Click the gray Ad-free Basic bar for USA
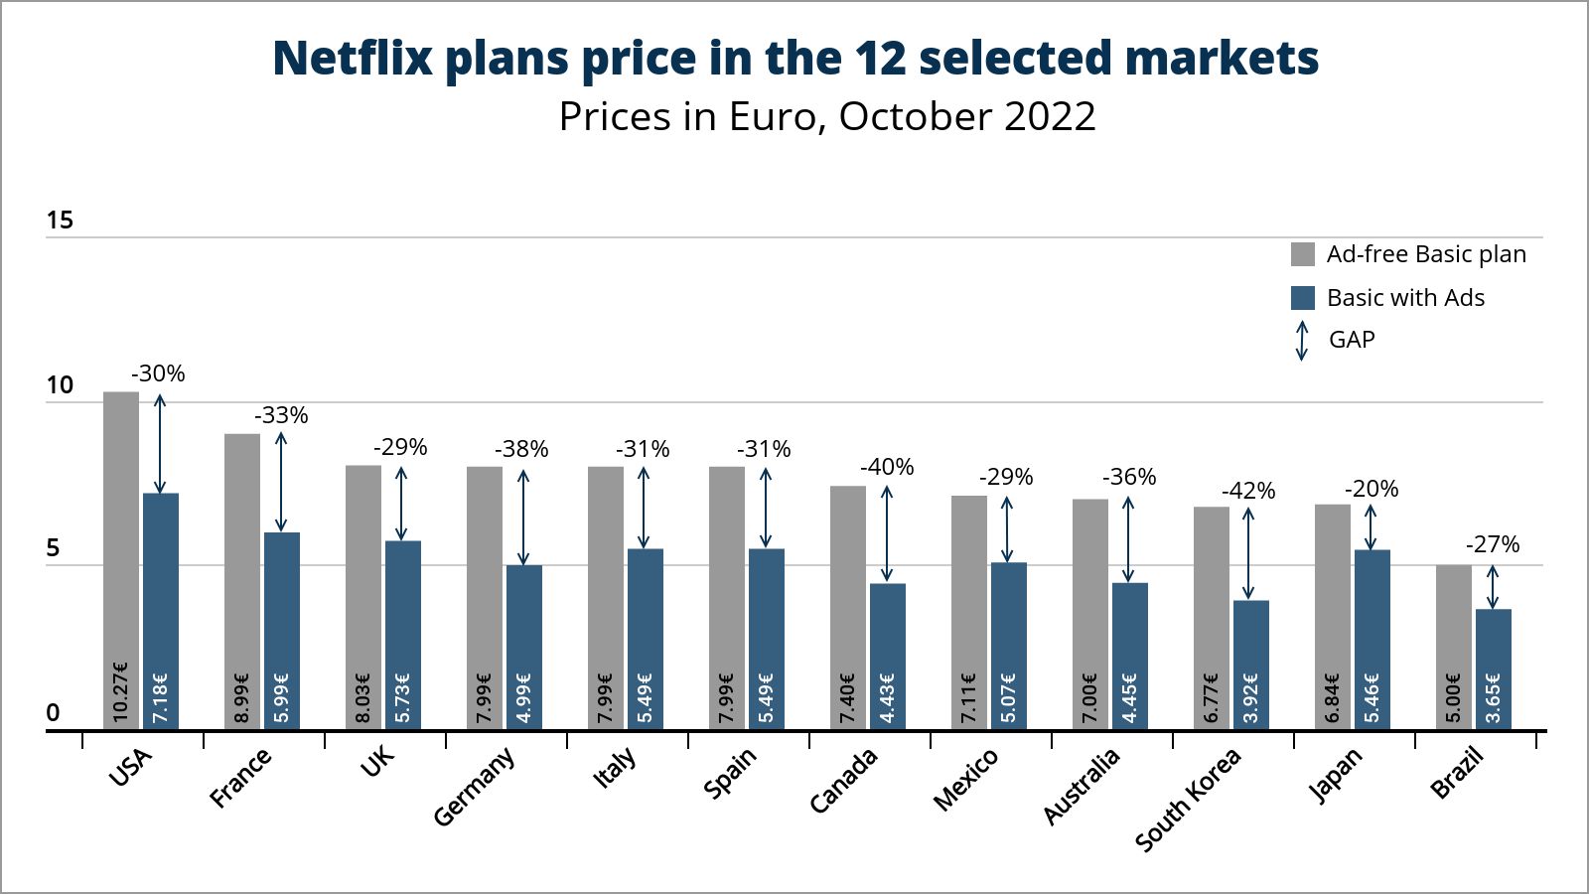121,526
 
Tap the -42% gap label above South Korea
1248,491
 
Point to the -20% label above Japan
1372,489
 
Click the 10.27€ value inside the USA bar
121,691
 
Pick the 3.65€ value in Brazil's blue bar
1493,698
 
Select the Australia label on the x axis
1082,786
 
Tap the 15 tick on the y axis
60,221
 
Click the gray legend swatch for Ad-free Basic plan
1302,254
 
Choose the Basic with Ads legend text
1405,298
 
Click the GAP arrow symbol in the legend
1302,340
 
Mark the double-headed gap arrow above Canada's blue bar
887,533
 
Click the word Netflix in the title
353,58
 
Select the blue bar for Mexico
1008,636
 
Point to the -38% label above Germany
521,449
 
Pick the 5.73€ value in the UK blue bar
402,698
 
